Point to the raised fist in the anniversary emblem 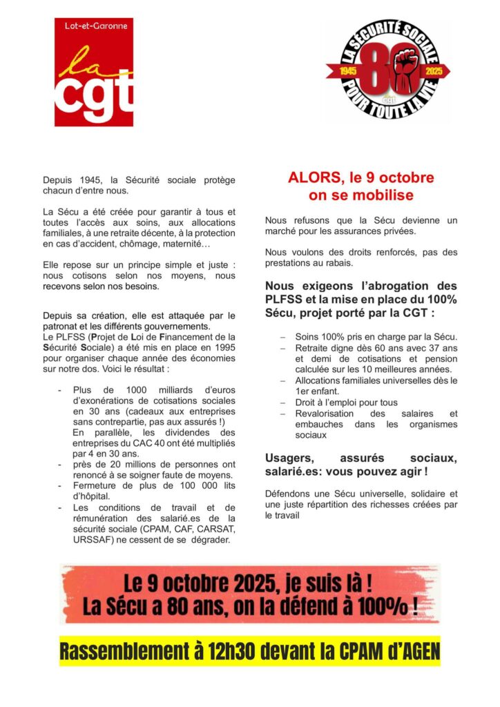click(403, 66)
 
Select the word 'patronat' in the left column click(63, 327)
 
